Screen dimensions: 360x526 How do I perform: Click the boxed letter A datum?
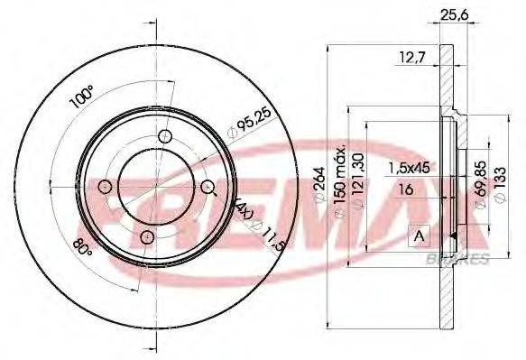419,236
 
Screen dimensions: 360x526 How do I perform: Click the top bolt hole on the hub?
164,135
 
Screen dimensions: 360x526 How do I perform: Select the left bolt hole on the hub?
105,187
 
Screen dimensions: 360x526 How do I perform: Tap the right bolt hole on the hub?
208,187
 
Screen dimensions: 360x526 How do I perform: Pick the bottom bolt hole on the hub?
147,237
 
